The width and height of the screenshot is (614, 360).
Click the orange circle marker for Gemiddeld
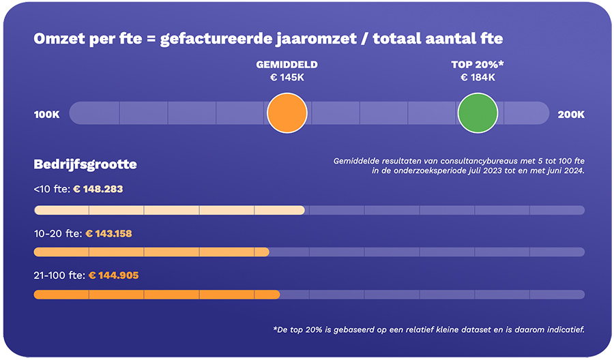287,113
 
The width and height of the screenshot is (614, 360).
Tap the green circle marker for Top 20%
478,113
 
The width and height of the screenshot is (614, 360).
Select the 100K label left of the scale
47,114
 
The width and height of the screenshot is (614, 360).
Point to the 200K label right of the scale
571,114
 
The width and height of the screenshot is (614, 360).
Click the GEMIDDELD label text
287,65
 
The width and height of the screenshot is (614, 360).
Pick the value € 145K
287,78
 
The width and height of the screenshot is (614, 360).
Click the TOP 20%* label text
477,65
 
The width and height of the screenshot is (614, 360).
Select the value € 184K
478,78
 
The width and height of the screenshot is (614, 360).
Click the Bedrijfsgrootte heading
85,164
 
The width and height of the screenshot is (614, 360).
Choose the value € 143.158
108,233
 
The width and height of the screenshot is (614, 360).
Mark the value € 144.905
114,275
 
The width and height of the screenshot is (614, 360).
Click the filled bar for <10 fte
169,210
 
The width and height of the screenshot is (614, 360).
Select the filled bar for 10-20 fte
151,252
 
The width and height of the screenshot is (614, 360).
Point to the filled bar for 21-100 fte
157,295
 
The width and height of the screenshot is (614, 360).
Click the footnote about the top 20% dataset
428,330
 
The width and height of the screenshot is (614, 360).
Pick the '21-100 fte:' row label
59,275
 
